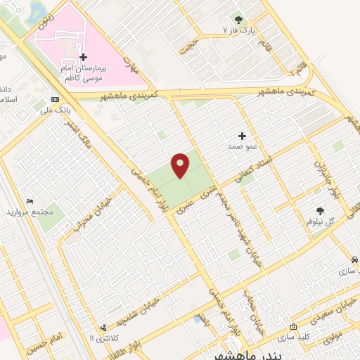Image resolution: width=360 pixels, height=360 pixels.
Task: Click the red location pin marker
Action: [x=181, y=165]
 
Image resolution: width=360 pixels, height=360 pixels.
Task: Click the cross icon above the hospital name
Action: [x=83, y=57]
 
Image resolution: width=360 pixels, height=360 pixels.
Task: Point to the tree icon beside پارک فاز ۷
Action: [x=238, y=20]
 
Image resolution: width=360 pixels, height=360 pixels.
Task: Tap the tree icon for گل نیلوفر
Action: [x=320, y=210]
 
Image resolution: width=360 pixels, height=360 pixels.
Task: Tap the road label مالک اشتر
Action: [x=78, y=133]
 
